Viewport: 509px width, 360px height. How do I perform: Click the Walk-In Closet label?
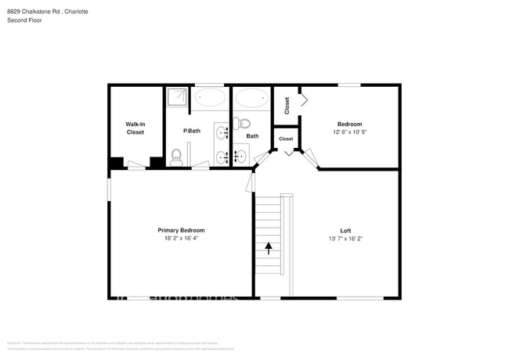(x=135, y=128)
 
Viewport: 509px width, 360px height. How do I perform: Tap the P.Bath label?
(x=192, y=131)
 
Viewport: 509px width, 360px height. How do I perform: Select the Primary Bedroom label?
(x=181, y=230)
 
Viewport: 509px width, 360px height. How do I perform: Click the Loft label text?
(x=345, y=230)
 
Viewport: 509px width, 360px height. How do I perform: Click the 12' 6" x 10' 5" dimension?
(x=350, y=132)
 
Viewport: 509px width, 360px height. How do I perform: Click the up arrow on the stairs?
(x=269, y=248)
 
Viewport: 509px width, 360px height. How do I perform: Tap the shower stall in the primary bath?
(x=177, y=97)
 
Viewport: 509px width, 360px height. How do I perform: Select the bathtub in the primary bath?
(x=210, y=99)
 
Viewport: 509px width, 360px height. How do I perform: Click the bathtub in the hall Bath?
(x=251, y=99)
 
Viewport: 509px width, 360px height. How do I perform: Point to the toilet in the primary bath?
(x=177, y=156)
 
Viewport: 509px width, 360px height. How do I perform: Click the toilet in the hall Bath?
(x=242, y=123)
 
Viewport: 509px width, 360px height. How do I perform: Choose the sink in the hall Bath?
(x=240, y=157)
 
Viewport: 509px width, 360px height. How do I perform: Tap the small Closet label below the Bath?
(x=286, y=139)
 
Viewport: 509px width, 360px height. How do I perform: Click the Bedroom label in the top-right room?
(x=350, y=124)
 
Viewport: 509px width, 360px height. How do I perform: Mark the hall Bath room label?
(x=252, y=136)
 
